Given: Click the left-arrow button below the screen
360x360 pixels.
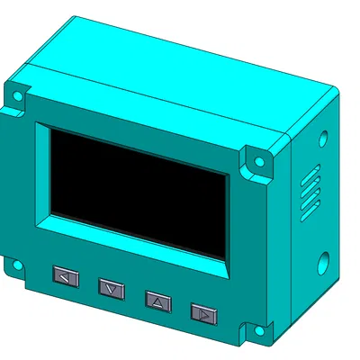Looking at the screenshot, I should [x=66, y=276].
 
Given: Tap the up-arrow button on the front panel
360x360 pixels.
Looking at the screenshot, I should [x=157, y=301].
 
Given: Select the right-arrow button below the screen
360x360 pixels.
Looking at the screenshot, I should [x=204, y=313].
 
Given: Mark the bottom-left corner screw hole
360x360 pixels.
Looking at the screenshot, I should [x=14, y=265].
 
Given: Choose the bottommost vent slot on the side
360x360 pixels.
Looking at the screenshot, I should [x=309, y=215].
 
